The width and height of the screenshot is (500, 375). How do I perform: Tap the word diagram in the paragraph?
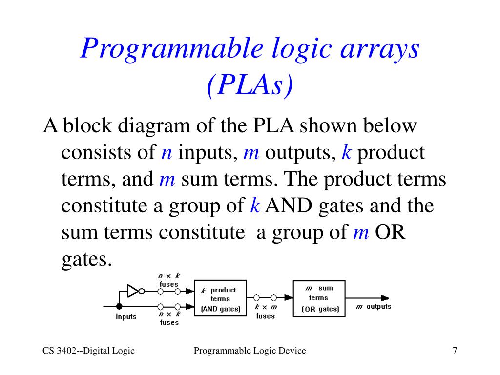point(155,126)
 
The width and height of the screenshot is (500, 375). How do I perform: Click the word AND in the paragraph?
point(288,206)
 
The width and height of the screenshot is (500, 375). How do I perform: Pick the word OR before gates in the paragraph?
point(390,232)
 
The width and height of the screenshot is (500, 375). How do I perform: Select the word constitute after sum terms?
point(201,232)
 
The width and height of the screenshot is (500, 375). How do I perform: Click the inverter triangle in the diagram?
point(132,291)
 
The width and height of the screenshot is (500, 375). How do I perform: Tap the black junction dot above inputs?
point(119,306)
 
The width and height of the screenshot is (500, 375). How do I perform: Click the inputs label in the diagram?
point(126,317)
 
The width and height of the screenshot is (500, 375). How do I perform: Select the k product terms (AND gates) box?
point(221,298)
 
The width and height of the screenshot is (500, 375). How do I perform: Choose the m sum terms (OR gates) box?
point(319,297)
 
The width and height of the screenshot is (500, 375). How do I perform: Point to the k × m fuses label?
point(266,312)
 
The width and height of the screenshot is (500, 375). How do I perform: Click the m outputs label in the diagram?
point(374,307)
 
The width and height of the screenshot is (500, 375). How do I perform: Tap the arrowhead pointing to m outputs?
point(385,298)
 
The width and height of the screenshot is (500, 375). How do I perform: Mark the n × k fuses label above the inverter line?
point(169,280)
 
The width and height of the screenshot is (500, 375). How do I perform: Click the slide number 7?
point(455,351)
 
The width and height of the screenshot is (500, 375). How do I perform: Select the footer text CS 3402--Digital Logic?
point(88,351)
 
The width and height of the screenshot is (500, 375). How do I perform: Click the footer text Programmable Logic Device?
point(250,351)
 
